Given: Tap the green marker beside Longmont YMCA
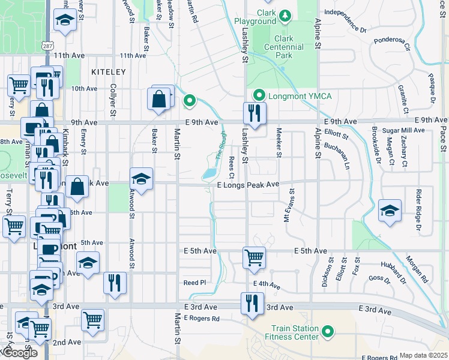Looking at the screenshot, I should tap(259, 95).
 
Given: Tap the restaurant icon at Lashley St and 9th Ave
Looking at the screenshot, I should tap(255, 113).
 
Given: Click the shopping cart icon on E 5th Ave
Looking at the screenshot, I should tap(254, 257).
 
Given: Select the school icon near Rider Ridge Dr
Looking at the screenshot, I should tap(390, 211).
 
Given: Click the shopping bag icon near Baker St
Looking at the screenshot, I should tap(160, 98).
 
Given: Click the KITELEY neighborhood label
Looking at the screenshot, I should tap(108, 72).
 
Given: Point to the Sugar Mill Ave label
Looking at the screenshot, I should tap(407, 130).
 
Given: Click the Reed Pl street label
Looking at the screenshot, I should tap(194, 282).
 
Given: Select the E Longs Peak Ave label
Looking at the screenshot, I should tap(249, 185).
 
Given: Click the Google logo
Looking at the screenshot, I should tap(19, 353).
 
